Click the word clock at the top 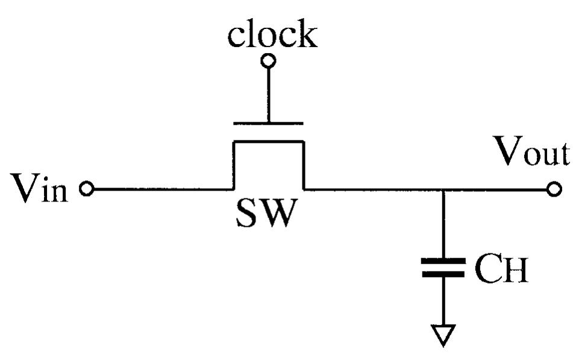tap(272, 35)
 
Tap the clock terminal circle tap(268, 60)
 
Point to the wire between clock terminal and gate tap(268, 93)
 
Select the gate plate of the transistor tap(268, 123)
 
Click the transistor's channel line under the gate tap(268, 141)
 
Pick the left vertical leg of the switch tap(234, 165)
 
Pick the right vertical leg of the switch tap(303, 165)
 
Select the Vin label tap(40, 189)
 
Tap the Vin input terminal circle tap(87, 189)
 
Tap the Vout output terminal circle tap(554, 189)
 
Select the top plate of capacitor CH tap(443, 261)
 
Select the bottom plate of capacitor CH tap(443, 274)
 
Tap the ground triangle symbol tap(443, 334)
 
